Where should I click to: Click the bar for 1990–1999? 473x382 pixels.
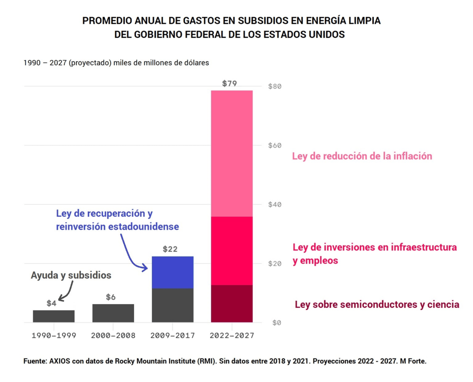click(x=54, y=316)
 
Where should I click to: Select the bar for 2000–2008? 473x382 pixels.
click(x=113, y=313)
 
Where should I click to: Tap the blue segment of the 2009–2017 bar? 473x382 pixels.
click(x=172, y=272)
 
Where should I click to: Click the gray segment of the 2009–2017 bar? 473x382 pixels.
click(x=172, y=305)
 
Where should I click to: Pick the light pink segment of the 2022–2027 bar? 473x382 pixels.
click(x=232, y=153)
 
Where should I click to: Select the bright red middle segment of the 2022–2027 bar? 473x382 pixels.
click(x=232, y=251)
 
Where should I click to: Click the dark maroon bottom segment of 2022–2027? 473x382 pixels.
click(x=232, y=304)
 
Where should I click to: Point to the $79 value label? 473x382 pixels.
click(x=230, y=84)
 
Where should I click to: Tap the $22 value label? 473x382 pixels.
click(x=170, y=249)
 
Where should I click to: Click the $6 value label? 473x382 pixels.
click(x=111, y=297)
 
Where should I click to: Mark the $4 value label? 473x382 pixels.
click(x=51, y=303)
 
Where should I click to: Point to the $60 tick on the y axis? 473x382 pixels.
click(x=275, y=145)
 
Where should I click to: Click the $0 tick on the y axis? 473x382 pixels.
click(x=276, y=322)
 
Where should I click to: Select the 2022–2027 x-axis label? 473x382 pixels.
click(x=232, y=335)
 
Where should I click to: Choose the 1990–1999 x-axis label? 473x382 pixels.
click(x=54, y=335)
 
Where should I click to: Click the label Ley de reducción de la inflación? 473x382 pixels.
click(x=362, y=156)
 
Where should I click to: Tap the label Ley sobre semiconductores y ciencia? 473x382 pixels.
click(x=377, y=304)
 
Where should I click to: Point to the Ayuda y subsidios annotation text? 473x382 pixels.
click(x=71, y=275)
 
